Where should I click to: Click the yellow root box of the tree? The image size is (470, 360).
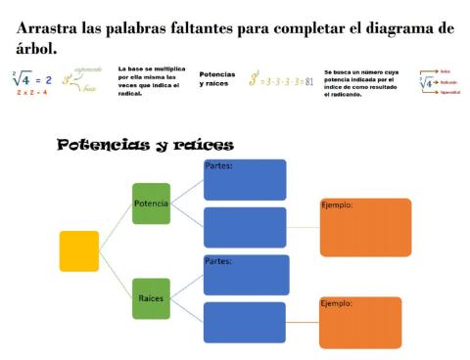click(x=79, y=250)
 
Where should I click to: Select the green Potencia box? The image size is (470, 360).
click(x=151, y=203)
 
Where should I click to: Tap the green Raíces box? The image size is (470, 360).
click(x=151, y=297)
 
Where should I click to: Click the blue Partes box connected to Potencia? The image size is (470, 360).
click(x=245, y=180)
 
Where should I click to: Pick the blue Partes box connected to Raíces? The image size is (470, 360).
click(x=245, y=274)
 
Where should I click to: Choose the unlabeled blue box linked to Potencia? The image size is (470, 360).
click(x=245, y=227)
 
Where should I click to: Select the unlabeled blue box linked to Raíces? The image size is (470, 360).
click(x=245, y=322)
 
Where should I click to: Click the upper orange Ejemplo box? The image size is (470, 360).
click(x=365, y=227)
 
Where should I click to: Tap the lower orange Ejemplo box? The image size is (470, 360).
click(x=360, y=322)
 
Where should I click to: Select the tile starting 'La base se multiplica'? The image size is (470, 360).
click(x=152, y=81)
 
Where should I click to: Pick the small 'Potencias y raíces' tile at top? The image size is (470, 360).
click(x=217, y=79)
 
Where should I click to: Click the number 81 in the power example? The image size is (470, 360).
click(x=308, y=82)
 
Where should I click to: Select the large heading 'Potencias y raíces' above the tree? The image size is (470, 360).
click(x=145, y=145)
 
